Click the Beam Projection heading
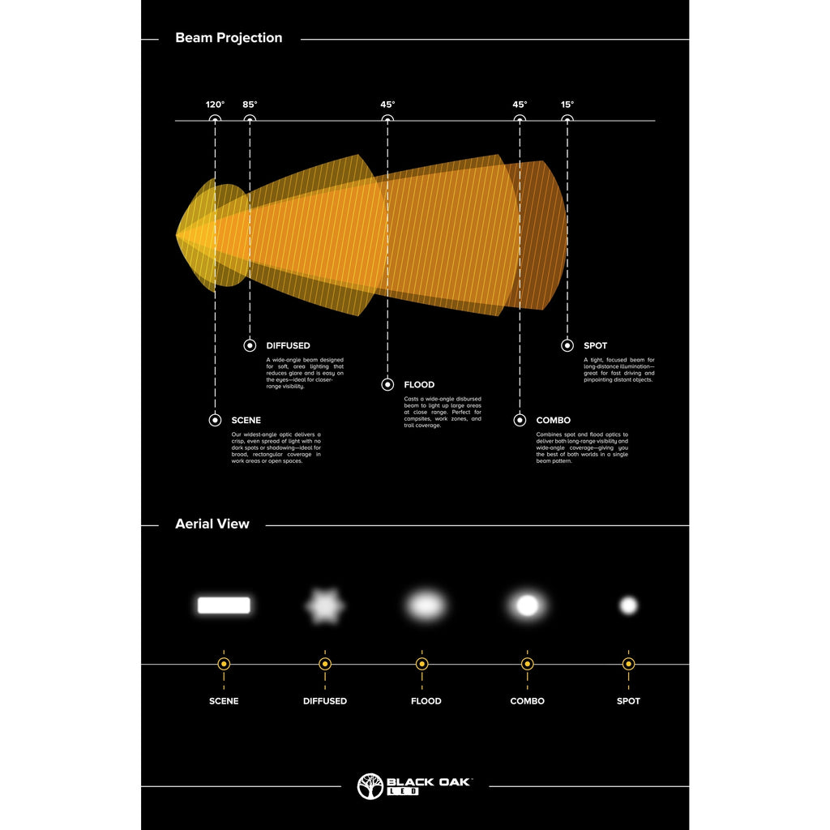[229, 38]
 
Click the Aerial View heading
[212, 524]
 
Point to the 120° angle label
[215, 105]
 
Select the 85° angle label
[250, 105]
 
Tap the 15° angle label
[567, 105]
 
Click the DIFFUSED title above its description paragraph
[288, 346]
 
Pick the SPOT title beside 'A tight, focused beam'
[595, 346]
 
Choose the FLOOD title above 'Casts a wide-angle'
[419, 385]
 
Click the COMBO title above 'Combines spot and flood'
[553, 421]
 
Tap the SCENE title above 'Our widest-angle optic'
[246, 421]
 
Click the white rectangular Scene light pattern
[224, 605]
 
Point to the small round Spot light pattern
[628, 605]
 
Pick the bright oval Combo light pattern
[528, 605]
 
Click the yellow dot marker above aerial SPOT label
[628, 664]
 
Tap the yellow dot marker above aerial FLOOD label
[421, 664]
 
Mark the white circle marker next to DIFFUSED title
[250, 346]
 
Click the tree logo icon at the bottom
[370, 786]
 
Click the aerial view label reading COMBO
[528, 701]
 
